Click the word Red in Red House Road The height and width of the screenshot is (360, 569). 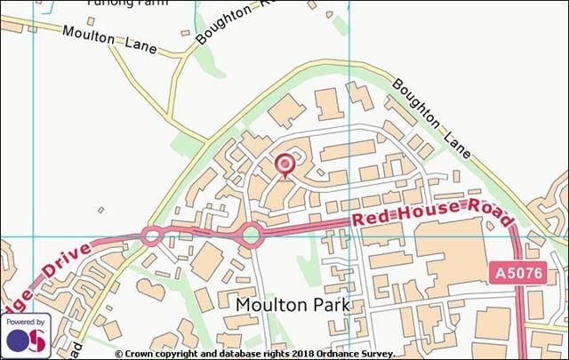[x=369, y=218]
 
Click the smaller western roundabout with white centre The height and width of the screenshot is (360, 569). [x=151, y=236]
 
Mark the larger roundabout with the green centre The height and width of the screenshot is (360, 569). [x=251, y=236]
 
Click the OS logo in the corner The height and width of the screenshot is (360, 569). [x=27, y=339]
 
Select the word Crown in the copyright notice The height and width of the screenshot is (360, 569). [x=141, y=354]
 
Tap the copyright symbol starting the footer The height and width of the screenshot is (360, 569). [x=119, y=354]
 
